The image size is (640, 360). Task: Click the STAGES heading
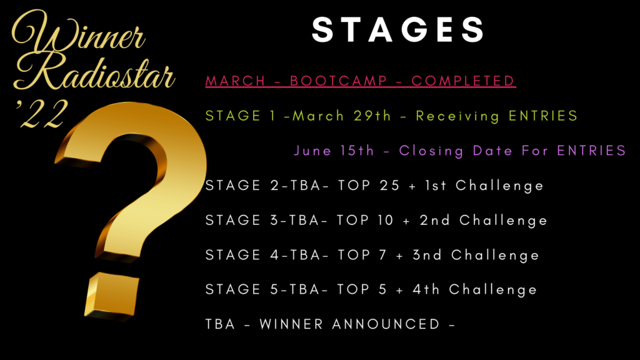tap(398, 30)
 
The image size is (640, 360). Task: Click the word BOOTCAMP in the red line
tap(338, 81)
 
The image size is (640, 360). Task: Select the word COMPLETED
tap(463, 81)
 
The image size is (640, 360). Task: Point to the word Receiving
tap(457, 116)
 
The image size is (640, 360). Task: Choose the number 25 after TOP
tap(389, 186)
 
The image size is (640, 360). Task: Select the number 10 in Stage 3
tap(385, 221)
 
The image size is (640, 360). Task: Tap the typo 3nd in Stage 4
tap(427, 255)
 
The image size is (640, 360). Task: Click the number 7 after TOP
tap(382, 255)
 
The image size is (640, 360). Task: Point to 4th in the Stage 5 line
tap(426, 290)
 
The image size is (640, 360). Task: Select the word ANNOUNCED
tap(386, 324)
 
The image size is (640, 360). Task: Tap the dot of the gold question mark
tap(111, 295)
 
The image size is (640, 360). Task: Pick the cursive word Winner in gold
tap(78, 32)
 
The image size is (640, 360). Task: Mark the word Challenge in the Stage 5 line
tap(492, 290)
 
